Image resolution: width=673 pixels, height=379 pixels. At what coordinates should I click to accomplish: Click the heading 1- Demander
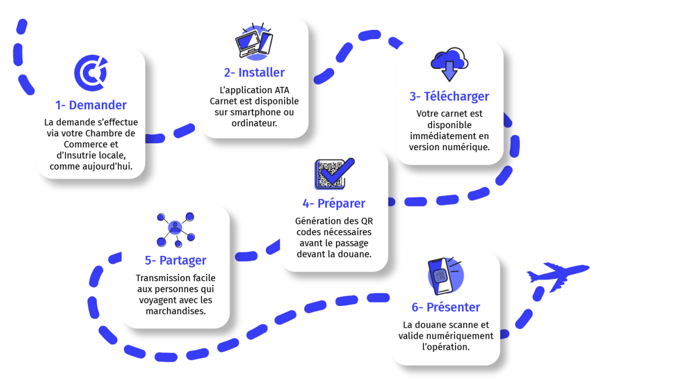point(91,105)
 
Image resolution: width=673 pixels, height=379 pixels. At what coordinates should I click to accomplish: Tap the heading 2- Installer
point(254,72)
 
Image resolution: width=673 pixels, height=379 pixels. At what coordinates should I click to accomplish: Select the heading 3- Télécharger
point(449,97)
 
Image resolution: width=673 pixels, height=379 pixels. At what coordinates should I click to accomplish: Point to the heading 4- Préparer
point(334,204)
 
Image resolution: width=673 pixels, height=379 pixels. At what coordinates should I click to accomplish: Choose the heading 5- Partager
point(175,261)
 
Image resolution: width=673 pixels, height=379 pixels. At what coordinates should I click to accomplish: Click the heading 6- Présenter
point(446,307)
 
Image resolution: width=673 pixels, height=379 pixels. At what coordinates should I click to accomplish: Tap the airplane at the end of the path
point(558,276)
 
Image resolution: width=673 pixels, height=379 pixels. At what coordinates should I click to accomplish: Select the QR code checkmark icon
point(334,174)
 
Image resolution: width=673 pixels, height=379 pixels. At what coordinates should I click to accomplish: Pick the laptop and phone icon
point(254,41)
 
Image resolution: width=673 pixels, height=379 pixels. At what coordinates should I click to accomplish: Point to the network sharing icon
point(175,230)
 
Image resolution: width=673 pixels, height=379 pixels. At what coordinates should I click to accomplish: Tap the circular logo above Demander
point(91,73)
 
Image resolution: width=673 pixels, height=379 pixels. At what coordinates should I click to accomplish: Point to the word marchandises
point(175,311)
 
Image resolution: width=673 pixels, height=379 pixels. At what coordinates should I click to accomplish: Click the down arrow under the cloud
point(449,71)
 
